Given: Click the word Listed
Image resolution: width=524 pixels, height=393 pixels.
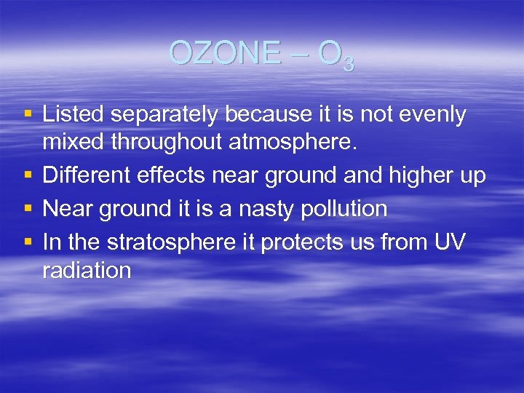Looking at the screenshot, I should (74, 114).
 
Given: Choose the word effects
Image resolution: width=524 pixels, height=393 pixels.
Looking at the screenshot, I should (178, 176).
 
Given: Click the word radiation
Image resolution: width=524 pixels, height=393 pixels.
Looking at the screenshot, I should (87, 270).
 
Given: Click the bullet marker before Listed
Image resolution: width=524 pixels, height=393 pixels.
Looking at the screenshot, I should (28, 115).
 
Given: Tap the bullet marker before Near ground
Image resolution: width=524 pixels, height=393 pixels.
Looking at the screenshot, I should (28, 210).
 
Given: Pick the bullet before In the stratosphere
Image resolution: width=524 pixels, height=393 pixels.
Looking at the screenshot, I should (28, 242).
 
